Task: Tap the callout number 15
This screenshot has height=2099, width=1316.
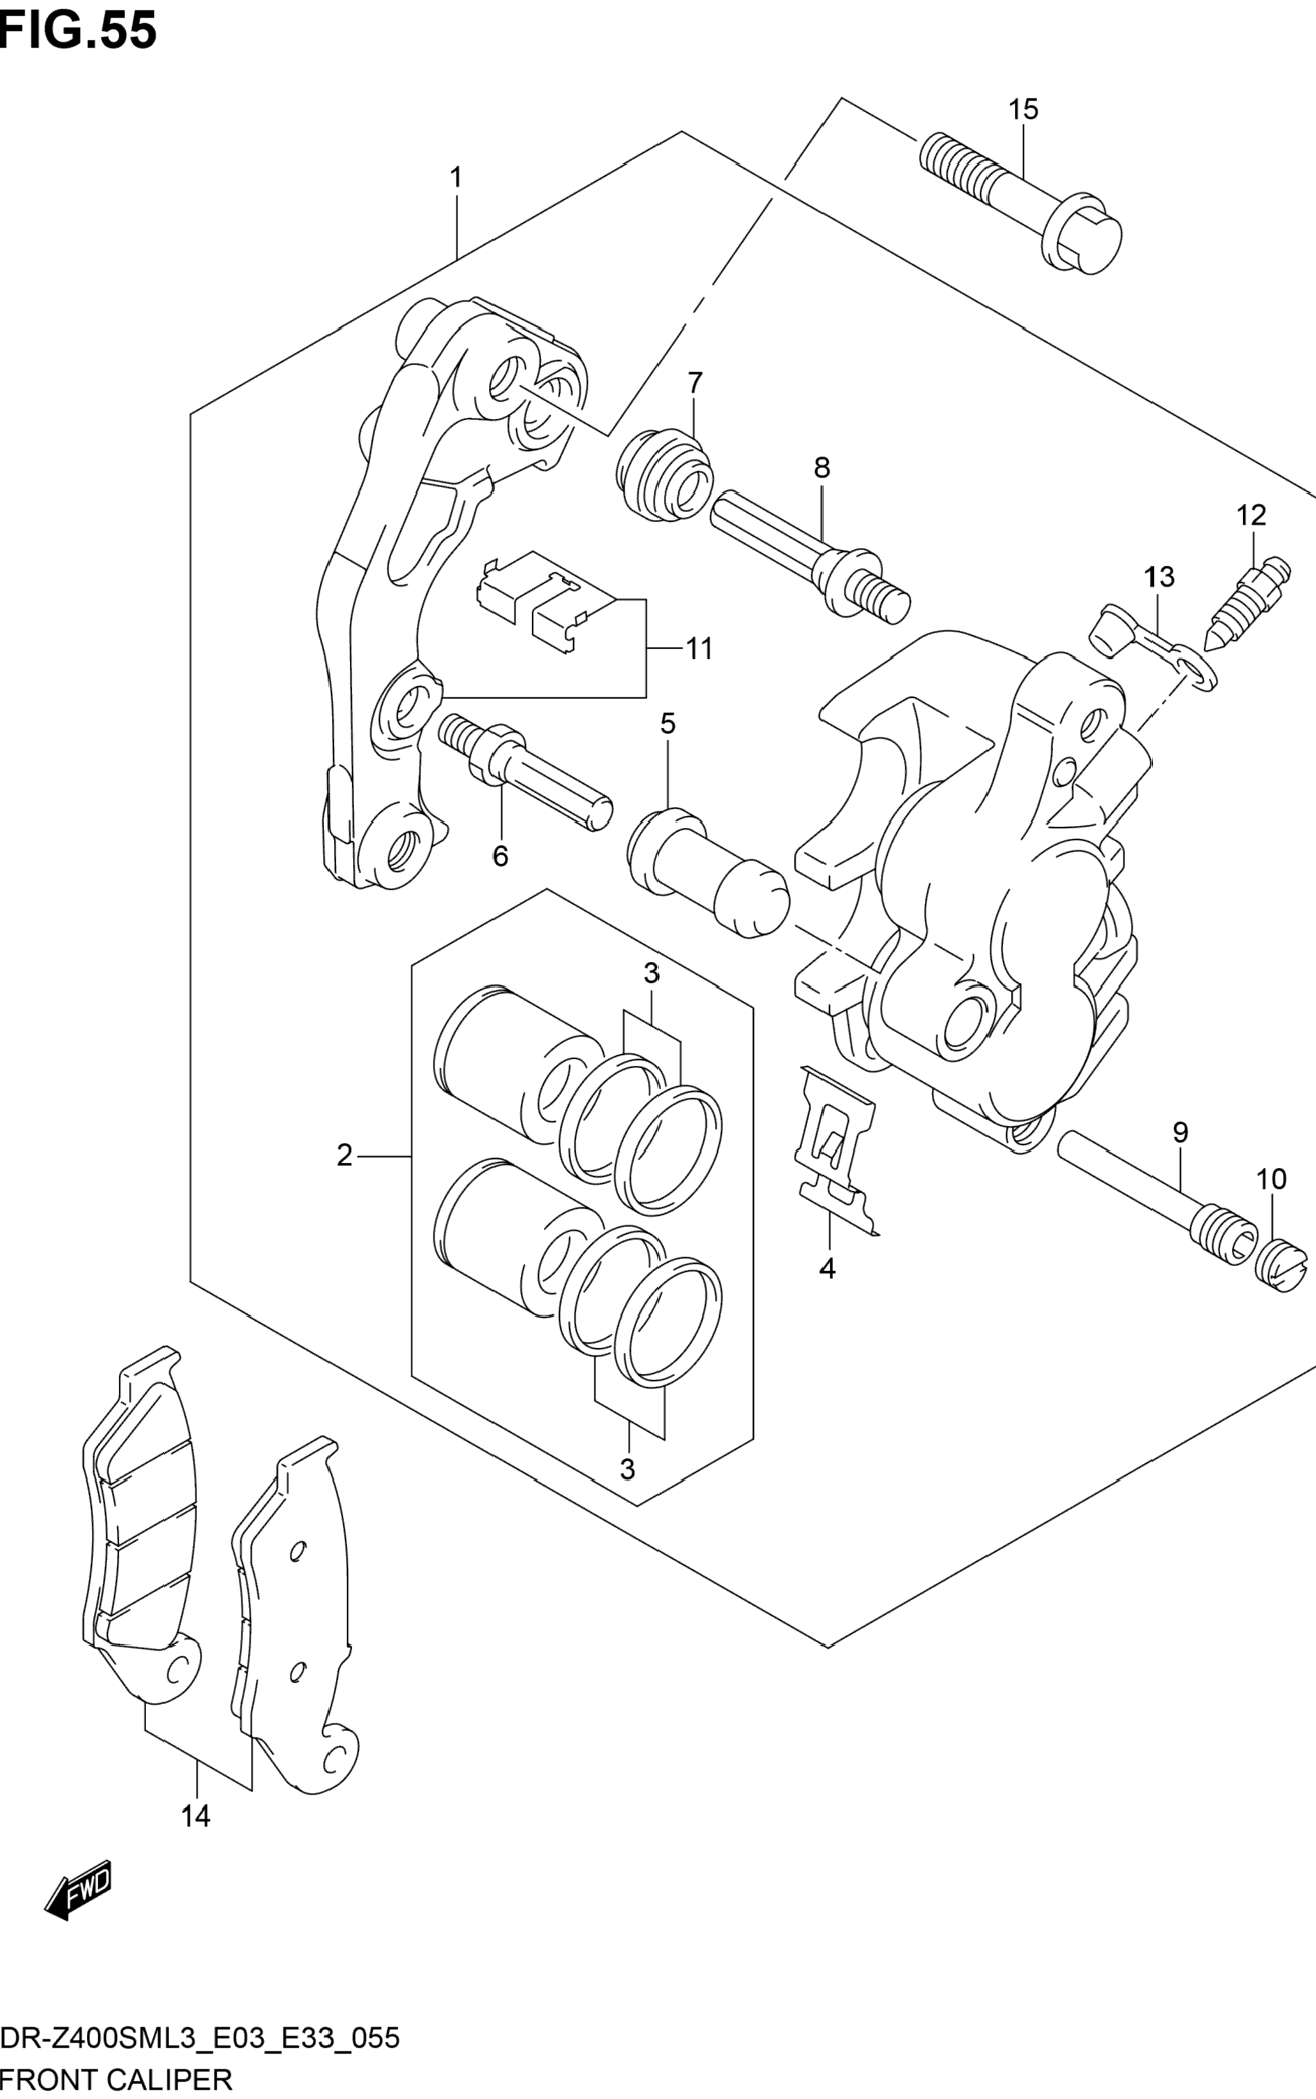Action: [1024, 110]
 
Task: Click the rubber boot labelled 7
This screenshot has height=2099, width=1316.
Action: [666, 476]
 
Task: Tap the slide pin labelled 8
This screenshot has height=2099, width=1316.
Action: [809, 556]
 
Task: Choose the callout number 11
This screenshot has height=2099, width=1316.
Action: [699, 648]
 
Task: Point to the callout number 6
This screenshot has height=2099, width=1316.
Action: [500, 857]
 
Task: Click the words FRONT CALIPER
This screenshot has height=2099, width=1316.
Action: [117, 2073]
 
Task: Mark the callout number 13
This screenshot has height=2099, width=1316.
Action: [1160, 576]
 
